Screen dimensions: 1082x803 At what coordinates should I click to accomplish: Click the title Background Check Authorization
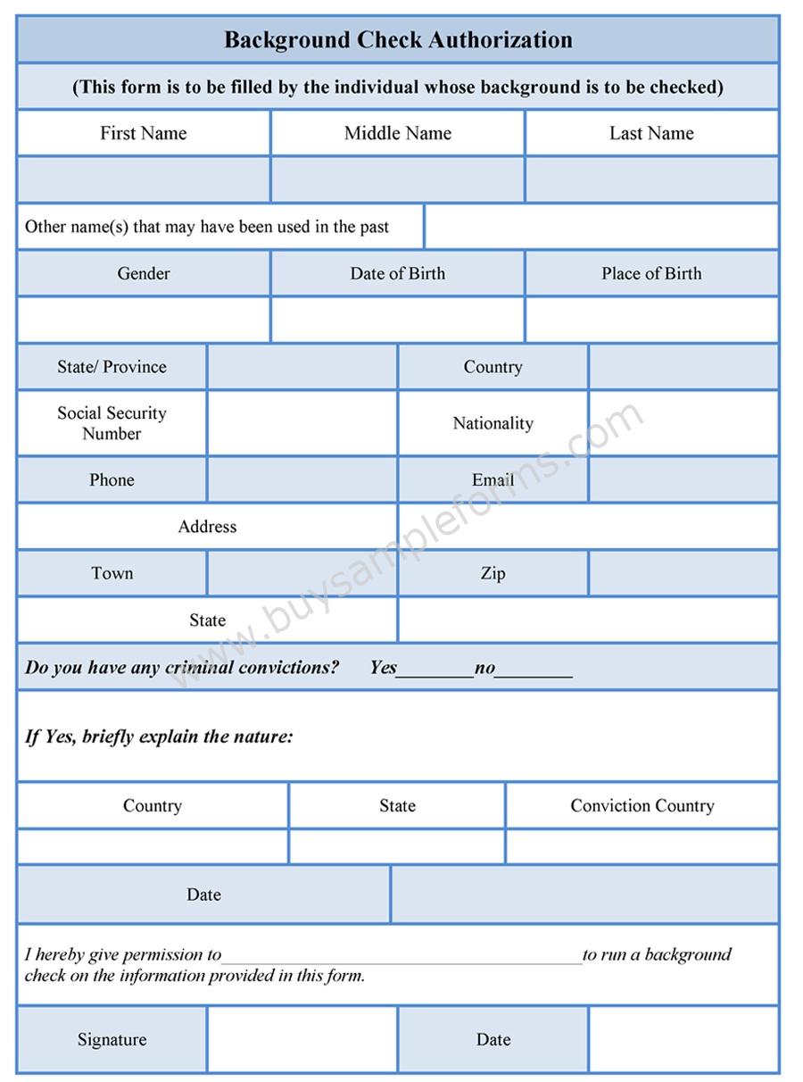tap(398, 40)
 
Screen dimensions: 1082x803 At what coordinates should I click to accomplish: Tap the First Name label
tap(144, 134)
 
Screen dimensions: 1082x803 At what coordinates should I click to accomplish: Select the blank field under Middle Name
tap(398, 179)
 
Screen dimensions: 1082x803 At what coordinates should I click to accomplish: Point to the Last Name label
tap(651, 134)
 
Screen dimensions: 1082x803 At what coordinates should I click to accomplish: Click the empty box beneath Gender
tap(144, 320)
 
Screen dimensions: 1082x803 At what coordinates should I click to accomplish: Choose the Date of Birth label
tap(398, 274)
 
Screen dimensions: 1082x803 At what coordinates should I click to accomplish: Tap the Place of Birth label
tap(651, 274)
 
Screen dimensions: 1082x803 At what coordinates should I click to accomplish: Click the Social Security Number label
tap(112, 423)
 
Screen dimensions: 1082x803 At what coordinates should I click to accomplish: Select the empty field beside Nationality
tap(683, 423)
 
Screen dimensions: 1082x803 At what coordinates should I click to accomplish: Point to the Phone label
tap(112, 480)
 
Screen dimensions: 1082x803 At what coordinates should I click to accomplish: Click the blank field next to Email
tap(683, 480)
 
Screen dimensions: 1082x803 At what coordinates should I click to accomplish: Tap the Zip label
tap(493, 573)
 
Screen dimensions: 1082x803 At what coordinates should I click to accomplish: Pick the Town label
tap(112, 573)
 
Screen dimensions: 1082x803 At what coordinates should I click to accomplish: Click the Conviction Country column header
tap(642, 806)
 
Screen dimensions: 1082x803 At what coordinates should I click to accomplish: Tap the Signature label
tap(112, 1040)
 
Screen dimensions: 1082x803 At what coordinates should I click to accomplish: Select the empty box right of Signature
tap(302, 1040)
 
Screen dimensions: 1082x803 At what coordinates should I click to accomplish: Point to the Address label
tap(207, 527)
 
